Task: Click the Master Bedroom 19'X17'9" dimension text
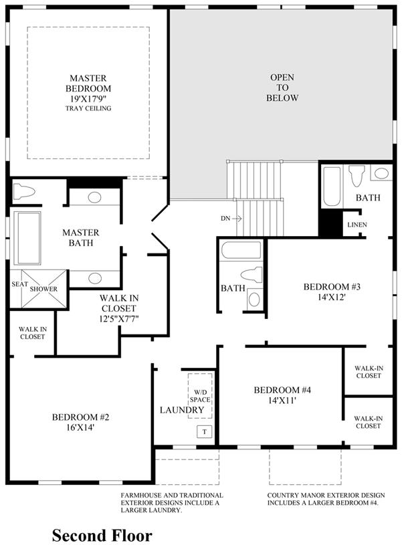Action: [88, 98]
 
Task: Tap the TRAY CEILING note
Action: [88, 108]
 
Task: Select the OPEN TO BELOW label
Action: [282, 88]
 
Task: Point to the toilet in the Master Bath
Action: [24, 191]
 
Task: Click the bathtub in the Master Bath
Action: [27, 238]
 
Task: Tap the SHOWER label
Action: [43, 289]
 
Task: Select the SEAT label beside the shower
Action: [19, 284]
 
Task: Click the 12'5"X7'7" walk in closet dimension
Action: [119, 319]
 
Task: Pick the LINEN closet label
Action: [357, 225]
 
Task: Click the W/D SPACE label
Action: [200, 396]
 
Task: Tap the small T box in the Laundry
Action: [205, 432]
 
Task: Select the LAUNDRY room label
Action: [182, 410]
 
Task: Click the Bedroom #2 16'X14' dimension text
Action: [80, 427]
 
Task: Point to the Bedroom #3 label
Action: [332, 287]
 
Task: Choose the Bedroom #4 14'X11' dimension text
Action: [282, 401]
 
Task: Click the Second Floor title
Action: [102, 535]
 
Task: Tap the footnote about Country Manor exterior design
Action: [326, 499]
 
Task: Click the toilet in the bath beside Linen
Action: [357, 175]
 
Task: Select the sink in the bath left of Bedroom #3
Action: [254, 300]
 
